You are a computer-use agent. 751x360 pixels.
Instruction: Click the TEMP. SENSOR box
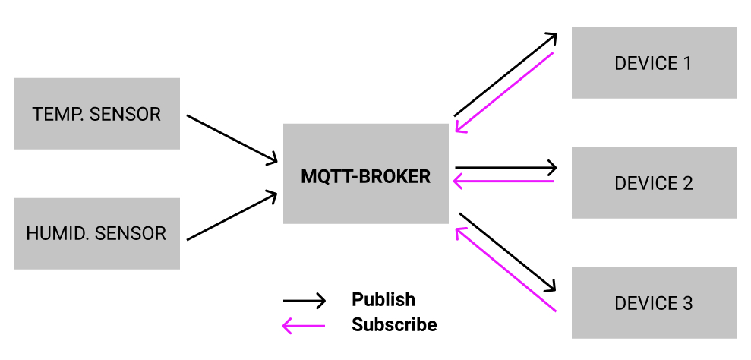tap(97, 114)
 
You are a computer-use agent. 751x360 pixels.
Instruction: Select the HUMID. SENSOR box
tap(97, 233)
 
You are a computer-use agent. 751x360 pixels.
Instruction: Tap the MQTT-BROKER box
tap(365, 174)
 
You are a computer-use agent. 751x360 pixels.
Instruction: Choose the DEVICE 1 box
tap(654, 63)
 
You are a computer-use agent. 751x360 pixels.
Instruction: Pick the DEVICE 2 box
tap(654, 183)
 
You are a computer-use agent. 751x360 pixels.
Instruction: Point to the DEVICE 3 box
tap(654, 303)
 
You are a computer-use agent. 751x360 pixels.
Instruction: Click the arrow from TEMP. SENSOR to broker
tap(232, 138)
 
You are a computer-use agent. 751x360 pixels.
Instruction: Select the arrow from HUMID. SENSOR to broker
tap(232, 216)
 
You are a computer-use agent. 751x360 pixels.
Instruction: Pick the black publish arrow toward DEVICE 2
tap(506, 167)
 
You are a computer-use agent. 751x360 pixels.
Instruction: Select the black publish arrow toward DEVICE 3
tap(507, 251)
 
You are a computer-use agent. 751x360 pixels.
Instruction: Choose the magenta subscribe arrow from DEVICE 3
tap(504, 270)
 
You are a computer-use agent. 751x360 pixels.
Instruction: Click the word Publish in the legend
tap(383, 299)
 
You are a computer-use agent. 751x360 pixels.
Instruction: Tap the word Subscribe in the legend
tap(394, 324)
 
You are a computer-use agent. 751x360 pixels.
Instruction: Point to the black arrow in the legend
tap(304, 301)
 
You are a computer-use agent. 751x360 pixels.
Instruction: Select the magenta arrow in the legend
tap(304, 327)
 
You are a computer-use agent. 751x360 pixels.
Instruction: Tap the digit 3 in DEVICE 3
tap(687, 303)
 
